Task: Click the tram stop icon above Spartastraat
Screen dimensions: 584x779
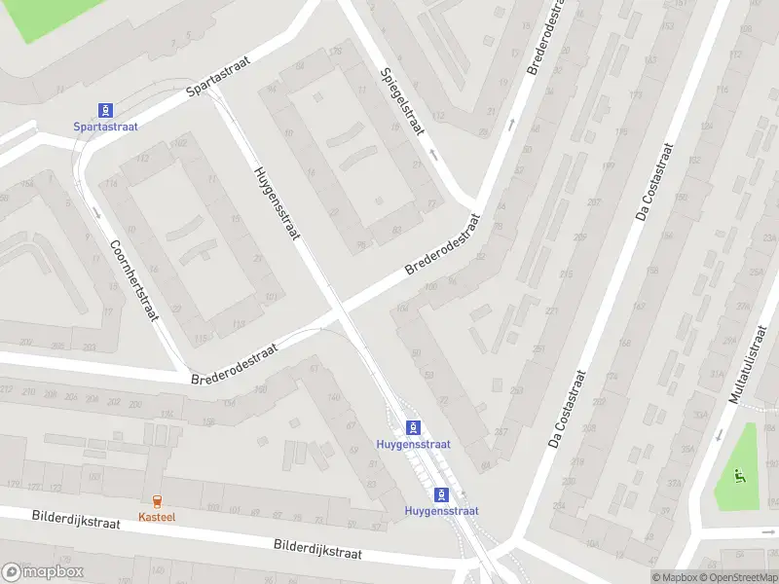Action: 104,110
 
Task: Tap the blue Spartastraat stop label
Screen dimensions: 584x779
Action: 105,127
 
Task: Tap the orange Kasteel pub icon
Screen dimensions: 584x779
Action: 156,500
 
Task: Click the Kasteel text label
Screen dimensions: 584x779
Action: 156,517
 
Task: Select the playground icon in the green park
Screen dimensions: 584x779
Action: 738,476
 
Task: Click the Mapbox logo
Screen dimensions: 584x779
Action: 41,572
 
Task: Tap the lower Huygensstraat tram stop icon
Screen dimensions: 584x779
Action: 442,493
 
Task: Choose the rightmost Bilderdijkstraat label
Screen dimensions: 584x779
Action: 317,550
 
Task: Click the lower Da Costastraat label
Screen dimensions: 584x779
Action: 567,408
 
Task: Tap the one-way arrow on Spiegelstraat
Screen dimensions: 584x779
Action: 433,154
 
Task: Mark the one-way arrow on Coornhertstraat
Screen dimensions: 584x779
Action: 96,211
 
